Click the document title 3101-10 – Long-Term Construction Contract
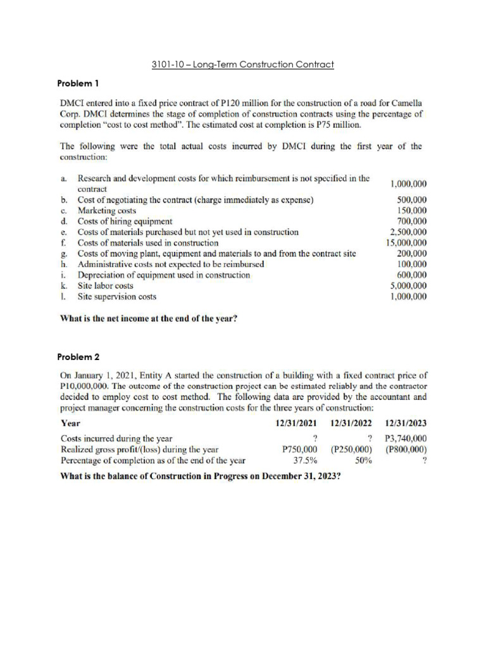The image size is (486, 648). (x=243, y=65)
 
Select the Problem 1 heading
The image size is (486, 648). (x=78, y=84)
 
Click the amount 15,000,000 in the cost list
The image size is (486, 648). (x=406, y=242)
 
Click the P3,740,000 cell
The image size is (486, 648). (x=405, y=438)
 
